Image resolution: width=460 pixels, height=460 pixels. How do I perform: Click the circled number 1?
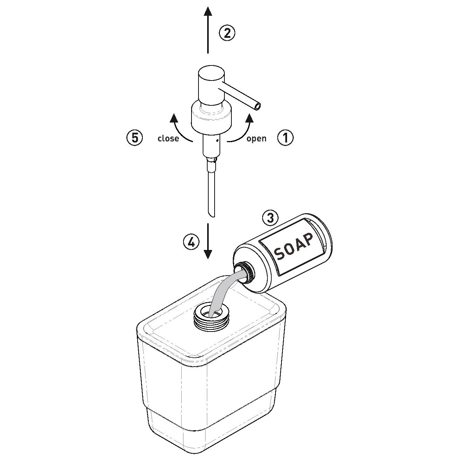[286, 138]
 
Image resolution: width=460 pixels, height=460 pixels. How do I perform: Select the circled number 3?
[270, 218]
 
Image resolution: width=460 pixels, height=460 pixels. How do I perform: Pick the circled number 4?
[191, 242]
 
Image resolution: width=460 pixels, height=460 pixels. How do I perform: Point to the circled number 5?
[135, 138]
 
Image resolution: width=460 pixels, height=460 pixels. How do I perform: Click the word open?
[256, 139]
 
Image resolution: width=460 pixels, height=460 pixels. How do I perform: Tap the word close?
[168, 138]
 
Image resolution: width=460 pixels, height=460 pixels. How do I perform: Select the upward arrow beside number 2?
[208, 30]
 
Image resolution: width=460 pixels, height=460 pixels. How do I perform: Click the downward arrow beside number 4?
[208, 241]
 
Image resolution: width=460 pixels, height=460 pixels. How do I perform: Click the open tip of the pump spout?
[257, 106]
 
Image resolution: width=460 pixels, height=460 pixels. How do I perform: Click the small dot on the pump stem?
[217, 141]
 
